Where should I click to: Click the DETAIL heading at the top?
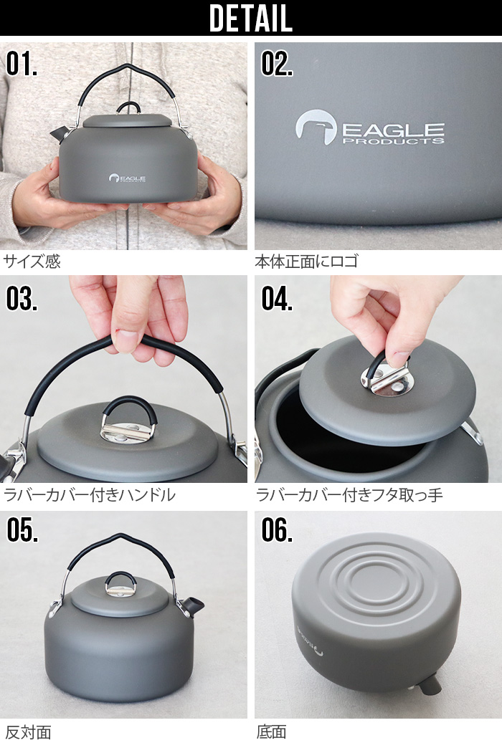coord(250,18)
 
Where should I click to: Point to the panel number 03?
coord(22,299)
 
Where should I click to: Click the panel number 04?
coord(277,299)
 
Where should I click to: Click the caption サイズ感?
coord(32,261)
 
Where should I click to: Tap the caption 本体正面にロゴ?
coord(306,261)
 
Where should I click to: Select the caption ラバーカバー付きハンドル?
coord(90,495)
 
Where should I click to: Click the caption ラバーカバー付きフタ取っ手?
coord(349,495)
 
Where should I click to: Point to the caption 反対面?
coord(28,732)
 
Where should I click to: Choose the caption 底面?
coord(271,732)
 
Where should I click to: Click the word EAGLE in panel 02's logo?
coord(393,130)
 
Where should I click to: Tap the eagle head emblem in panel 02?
coord(316,127)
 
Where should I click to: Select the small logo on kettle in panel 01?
coord(127,178)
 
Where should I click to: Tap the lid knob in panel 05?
coord(120,584)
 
